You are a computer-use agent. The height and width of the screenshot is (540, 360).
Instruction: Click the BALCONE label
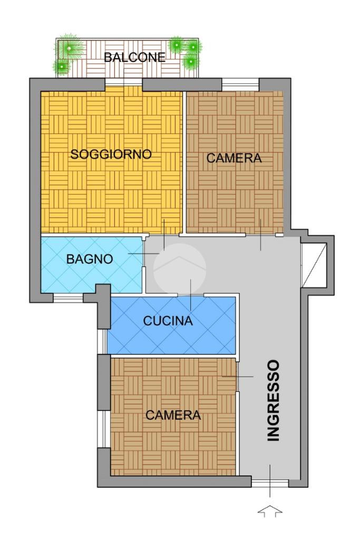coord(135,57)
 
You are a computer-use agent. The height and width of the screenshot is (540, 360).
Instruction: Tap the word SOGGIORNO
coord(111,154)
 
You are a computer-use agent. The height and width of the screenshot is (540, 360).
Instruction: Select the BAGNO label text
coord(90,259)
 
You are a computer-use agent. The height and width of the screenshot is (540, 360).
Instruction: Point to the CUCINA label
coord(168,321)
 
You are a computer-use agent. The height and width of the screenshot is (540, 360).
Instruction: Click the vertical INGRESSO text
coord(274,401)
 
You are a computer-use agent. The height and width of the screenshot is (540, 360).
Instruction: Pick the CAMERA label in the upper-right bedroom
coord(234,158)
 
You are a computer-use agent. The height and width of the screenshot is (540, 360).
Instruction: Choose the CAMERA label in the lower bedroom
coord(173,415)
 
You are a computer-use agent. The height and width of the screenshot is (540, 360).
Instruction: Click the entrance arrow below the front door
coord(270,511)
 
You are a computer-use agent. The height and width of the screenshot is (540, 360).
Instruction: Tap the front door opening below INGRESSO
coord(270,482)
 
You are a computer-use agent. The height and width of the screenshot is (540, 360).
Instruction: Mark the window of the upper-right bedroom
coord(240,85)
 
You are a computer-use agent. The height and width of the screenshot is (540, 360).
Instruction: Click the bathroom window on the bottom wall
coord(68,298)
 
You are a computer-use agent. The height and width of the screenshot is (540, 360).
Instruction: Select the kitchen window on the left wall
coord(102,341)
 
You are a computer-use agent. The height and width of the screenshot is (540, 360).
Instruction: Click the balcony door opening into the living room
coord(123,82)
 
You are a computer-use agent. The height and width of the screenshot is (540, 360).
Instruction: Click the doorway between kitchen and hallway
coord(190,295)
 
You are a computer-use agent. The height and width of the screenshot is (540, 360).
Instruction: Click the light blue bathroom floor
coord(91,263)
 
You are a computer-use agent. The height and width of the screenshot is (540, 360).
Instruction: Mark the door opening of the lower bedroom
coord(238,376)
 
